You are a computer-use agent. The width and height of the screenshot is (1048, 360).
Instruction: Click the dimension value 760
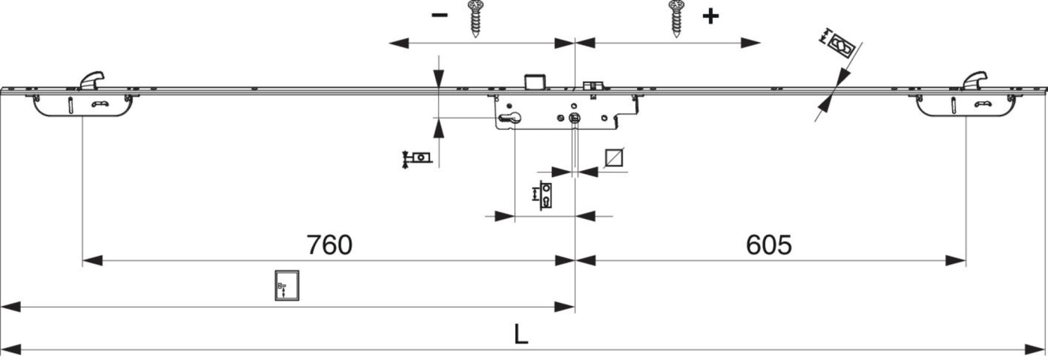point(329,244)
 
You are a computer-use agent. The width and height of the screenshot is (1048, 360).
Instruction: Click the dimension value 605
point(768,244)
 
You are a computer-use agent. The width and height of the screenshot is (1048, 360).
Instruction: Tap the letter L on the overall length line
point(521,334)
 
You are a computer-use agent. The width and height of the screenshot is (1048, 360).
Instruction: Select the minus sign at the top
point(440,14)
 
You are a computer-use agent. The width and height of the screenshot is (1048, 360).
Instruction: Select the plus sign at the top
point(710,16)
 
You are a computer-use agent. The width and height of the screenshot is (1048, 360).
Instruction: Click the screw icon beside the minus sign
point(476,19)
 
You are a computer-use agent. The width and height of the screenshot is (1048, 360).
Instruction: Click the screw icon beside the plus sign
point(677,19)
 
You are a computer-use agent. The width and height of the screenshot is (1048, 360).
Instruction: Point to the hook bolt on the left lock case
point(92,79)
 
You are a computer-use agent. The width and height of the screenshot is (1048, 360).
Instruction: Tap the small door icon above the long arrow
point(287,285)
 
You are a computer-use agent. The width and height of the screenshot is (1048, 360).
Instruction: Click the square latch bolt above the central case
point(535,80)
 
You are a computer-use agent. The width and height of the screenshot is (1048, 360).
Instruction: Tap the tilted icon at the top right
point(839,45)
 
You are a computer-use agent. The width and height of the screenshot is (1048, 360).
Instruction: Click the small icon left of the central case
point(417,158)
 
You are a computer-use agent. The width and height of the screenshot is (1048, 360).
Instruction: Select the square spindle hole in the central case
point(575,118)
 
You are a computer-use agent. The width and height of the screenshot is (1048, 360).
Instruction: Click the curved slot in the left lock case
point(100,104)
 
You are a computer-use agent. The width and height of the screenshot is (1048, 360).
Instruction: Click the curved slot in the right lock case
point(983,104)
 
